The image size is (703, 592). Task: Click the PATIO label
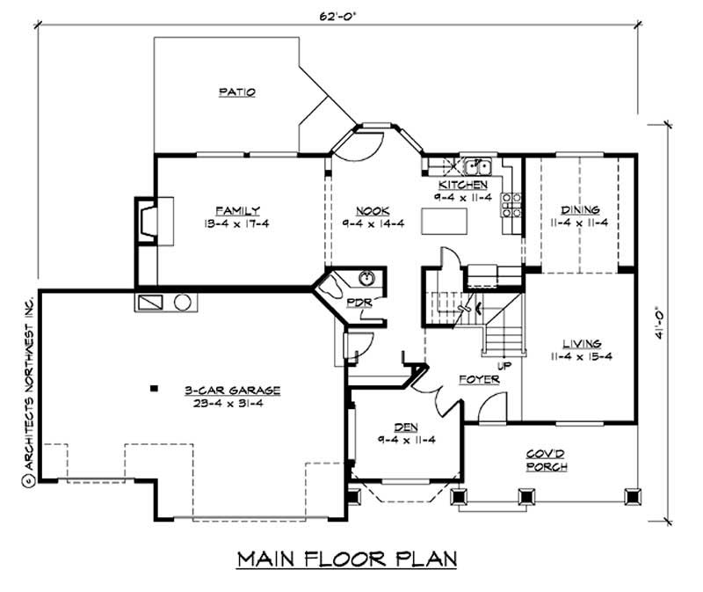click(236, 91)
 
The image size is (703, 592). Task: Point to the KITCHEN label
click(463, 186)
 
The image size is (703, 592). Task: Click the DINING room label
click(581, 210)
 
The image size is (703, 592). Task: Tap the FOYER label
click(479, 379)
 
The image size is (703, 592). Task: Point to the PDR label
click(358, 302)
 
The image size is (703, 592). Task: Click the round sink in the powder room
click(367, 280)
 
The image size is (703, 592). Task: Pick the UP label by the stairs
click(505, 363)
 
